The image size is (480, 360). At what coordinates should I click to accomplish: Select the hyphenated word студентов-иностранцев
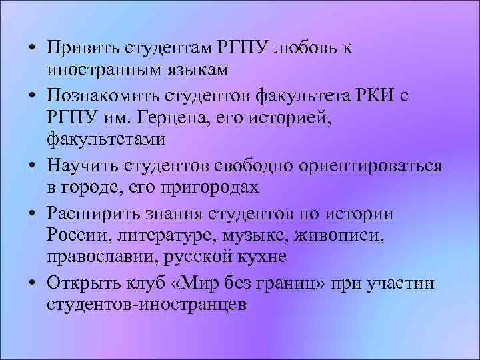point(147,305)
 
